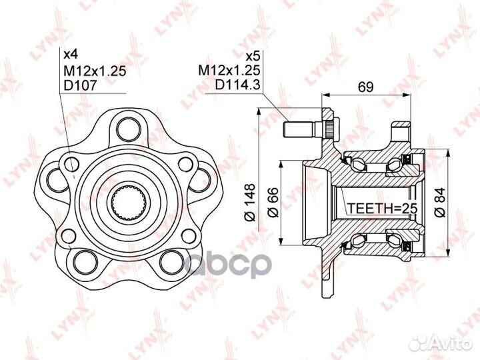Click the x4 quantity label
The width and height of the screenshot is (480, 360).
point(71,55)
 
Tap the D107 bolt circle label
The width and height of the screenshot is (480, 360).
point(80,85)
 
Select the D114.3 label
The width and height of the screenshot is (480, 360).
point(237,85)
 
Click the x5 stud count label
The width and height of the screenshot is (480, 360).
point(253,56)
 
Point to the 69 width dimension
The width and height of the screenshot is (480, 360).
point(366,87)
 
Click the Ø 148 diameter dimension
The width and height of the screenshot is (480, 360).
point(249,203)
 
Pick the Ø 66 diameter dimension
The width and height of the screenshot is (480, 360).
point(273,203)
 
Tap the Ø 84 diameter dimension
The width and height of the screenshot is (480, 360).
point(439,203)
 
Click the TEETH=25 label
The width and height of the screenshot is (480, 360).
point(383,209)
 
